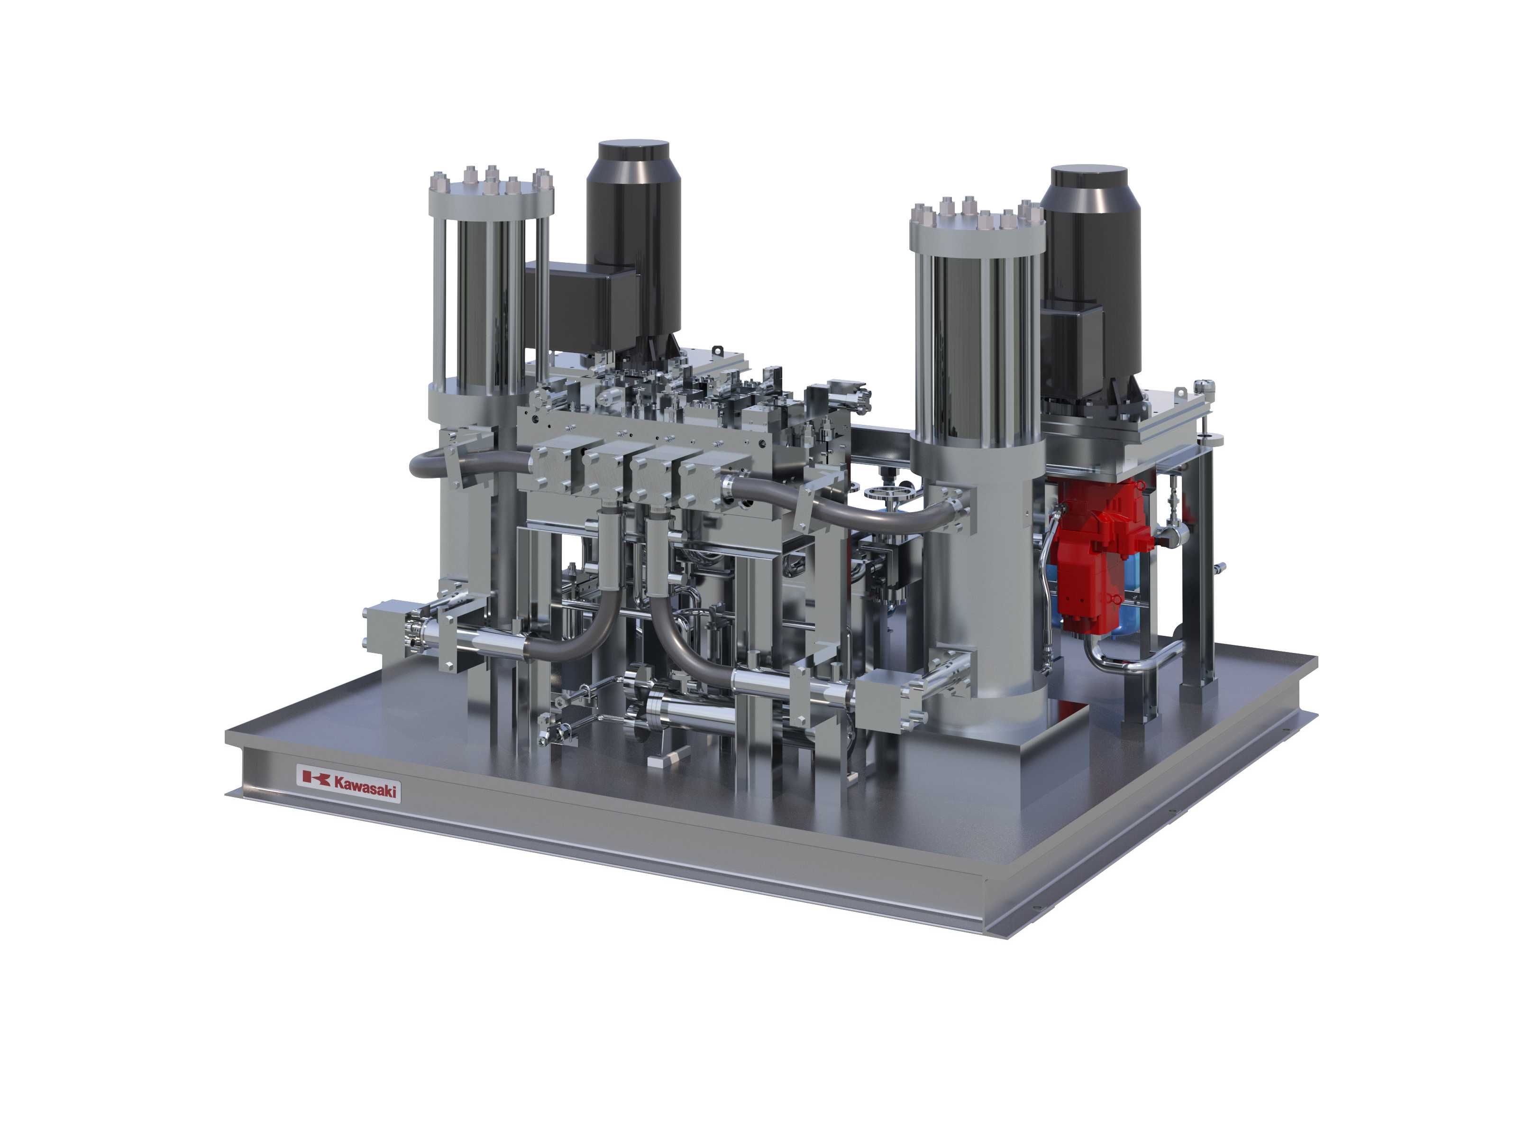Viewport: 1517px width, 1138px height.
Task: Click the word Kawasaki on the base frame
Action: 366,787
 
